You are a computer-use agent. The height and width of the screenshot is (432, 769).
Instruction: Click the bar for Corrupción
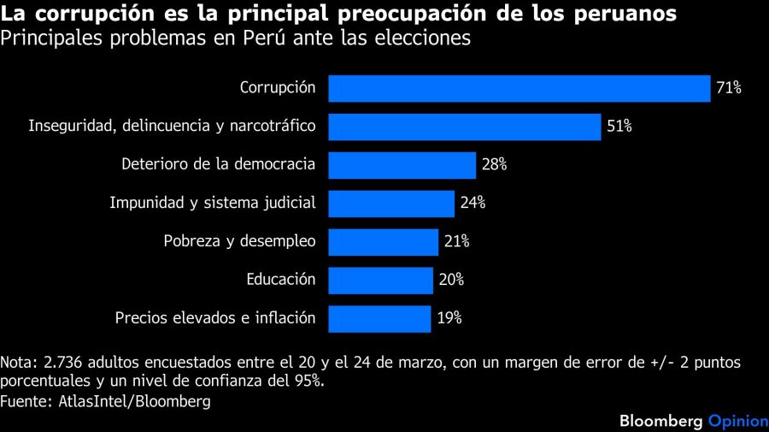(x=520, y=88)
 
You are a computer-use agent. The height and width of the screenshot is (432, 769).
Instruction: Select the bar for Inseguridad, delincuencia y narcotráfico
(x=465, y=127)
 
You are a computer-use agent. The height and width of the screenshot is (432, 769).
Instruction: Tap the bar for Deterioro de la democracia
(x=402, y=165)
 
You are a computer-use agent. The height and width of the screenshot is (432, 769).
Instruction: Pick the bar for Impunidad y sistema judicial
(x=391, y=203)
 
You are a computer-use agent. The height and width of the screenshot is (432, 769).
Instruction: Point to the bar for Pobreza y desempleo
(x=384, y=241)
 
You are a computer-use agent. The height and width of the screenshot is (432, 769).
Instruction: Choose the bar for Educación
(x=381, y=280)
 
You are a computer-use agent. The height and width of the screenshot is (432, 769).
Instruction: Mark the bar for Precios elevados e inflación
(x=379, y=318)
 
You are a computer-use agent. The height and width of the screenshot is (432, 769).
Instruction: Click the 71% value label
(x=729, y=88)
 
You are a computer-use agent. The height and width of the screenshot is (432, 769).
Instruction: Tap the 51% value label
(x=619, y=127)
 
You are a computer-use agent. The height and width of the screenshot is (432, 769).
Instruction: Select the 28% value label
(x=494, y=165)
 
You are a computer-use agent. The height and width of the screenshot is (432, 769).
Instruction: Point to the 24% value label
(x=473, y=203)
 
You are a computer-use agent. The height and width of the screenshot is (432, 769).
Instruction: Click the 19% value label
(x=449, y=318)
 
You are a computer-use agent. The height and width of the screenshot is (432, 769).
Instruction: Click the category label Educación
(x=281, y=280)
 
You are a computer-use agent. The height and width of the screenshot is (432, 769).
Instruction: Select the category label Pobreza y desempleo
(x=239, y=241)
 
